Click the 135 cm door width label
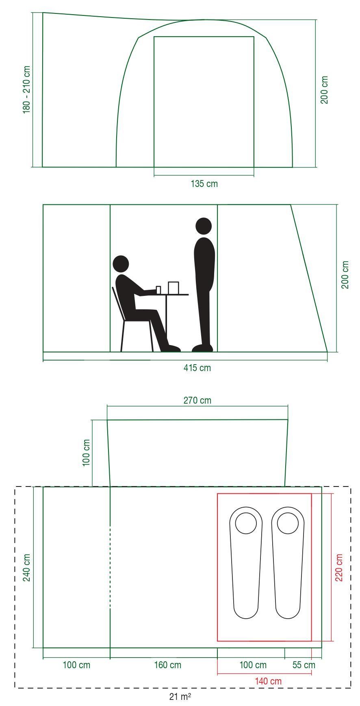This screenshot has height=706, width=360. point(204,184)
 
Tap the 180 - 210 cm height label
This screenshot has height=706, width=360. point(26,89)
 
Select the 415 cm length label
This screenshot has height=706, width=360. point(197,368)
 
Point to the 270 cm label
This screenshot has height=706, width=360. point(197,400)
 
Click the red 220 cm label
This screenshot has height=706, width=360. point(338,567)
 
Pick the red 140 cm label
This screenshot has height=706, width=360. point(268,681)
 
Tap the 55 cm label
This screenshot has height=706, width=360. point(304,665)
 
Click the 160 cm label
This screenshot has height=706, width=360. point(167,665)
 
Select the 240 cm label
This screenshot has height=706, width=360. point(26,567)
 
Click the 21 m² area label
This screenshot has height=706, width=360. point(180,697)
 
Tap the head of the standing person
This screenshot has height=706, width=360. point(204,226)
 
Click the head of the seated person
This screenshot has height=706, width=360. point(121,264)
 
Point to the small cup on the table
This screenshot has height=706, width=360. point(158,290)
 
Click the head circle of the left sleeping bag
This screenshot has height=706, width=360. point(246,523)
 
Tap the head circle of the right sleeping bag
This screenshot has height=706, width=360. point(288,523)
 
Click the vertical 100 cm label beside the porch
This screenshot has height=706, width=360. point(86,453)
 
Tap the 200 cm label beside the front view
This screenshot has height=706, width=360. point(324,89)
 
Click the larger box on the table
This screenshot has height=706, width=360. point(173,288)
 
